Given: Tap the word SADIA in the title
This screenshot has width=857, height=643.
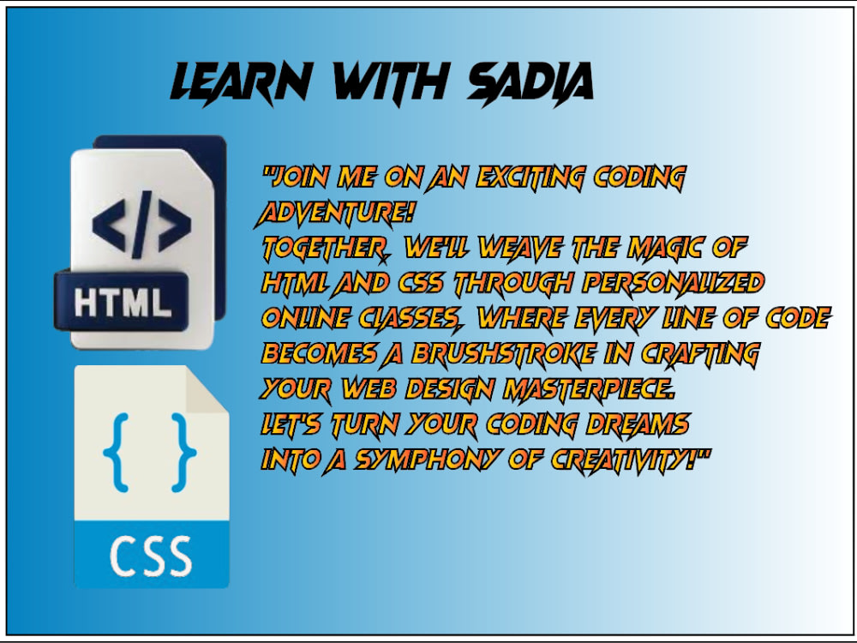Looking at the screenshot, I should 530,83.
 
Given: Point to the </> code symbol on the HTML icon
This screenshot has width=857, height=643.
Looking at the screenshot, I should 141,225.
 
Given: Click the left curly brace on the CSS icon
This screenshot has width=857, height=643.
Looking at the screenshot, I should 116,452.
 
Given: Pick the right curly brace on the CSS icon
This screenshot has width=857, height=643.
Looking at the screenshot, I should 183,452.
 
